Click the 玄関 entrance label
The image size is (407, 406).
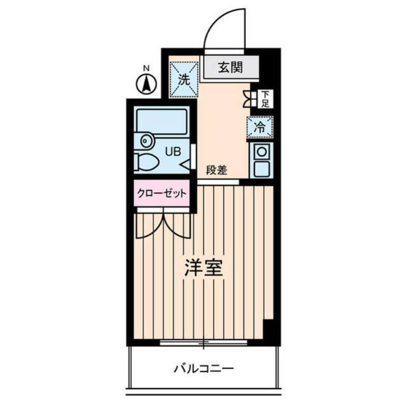click(x=230, y=67)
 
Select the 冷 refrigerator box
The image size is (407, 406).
click(x=259, y=127)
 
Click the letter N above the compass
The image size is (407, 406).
click(x=146, y=68)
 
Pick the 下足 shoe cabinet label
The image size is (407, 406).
click(x=265, y=99)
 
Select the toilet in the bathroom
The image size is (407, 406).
click(x=148, y=163)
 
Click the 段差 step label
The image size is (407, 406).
click(x=216, y=171)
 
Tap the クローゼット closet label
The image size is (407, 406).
click(x=161, y=193)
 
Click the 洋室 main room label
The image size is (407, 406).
click(x=203, y=268)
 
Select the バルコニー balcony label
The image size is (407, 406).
click(x=202, y=367)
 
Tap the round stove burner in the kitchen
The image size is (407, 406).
click(x=261, y=152)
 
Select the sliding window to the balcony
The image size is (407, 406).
click(x=203, y=342)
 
